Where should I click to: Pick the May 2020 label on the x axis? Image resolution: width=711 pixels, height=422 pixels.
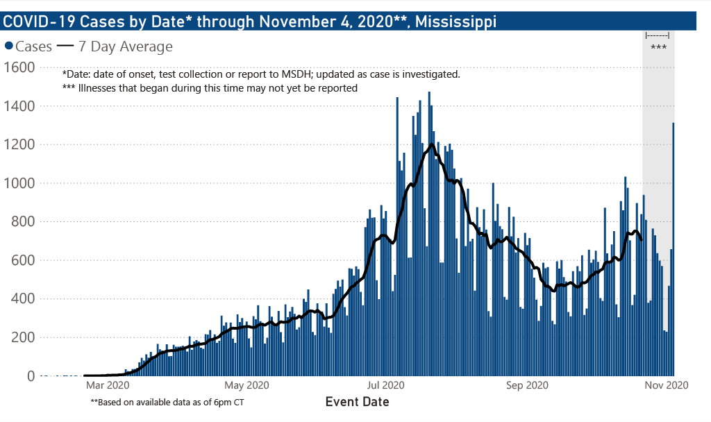(x=248, y=385)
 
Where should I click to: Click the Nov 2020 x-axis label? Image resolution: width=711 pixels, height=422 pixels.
(x=666, y=385)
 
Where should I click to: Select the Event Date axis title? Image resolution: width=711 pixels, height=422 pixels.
(x=357, y=402)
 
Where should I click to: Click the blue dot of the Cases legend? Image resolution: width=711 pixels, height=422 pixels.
(x=9, y=47)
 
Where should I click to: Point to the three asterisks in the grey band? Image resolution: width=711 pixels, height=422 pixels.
(x=658, y=48)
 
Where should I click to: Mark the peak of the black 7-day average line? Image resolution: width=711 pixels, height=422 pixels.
(x=432, y=144)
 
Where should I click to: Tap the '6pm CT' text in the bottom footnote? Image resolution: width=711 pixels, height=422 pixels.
(x=228, y=402)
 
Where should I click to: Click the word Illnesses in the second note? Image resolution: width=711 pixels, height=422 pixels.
(x=99, y=88)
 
